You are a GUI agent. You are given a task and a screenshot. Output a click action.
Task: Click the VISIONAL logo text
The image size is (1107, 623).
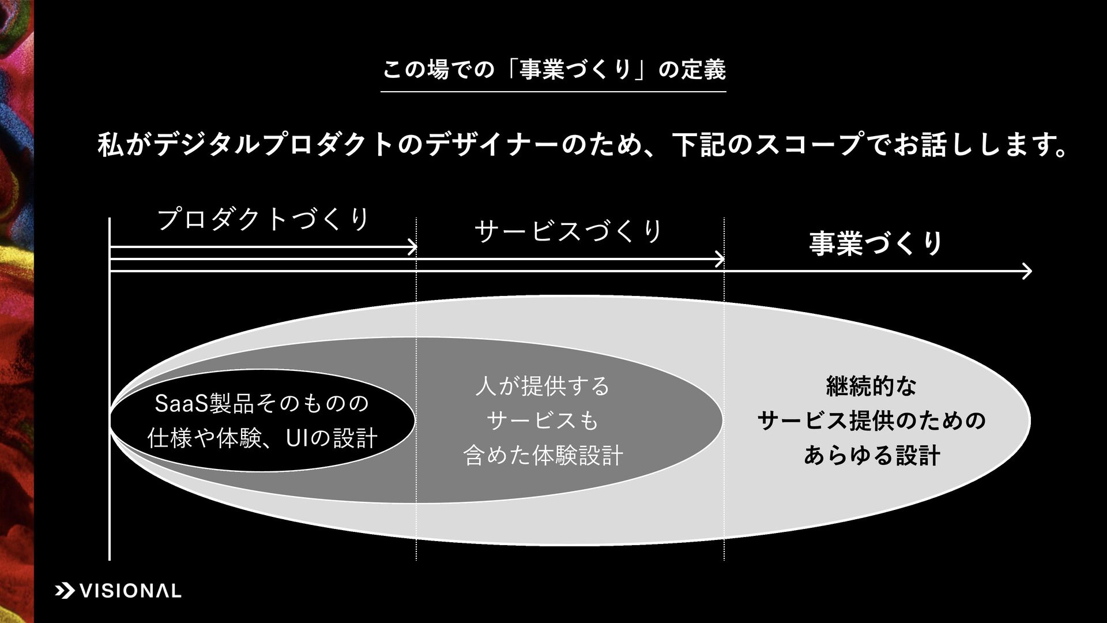pyautogui.click(x=130, y=591)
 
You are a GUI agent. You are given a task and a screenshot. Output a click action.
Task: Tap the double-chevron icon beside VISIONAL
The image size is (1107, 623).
pyautogui.click(x=64, y=591)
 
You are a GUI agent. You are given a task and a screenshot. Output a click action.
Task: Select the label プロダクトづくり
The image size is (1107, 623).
pyautogui.click(x=263, y=220)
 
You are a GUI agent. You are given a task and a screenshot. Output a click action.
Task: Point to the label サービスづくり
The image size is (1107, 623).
pyautogui.click(x=568, y=231)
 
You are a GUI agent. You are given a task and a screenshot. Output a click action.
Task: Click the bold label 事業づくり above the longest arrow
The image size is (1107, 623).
pyautogui.click(x=876, y=243)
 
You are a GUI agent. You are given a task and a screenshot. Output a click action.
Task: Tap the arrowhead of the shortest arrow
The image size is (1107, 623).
pyautogui.click(x=412, y=247)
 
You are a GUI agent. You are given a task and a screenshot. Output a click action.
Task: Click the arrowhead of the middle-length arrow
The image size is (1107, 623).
pyautogui.click(x=720, y=260)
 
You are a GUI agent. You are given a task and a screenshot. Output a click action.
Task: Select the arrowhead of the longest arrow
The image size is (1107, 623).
pyautogui.click(x=1027, y=271)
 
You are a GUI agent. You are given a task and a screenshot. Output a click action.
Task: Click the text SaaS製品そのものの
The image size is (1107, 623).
pyautogui.click(x=262, y=403)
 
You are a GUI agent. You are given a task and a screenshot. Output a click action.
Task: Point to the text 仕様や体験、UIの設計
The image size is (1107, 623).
pyautogui.click(x=262, y=438)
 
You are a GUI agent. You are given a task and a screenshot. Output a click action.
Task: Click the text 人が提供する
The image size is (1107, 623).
pyautogui.click(x=542, y=386)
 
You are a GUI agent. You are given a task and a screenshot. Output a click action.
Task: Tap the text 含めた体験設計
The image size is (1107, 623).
pyautogui.click(x=543, y=456)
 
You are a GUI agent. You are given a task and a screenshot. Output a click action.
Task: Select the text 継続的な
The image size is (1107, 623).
pyautogui.click(x=871, y=386)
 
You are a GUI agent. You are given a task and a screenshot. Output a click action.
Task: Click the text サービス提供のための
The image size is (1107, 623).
pyautogui.click(x=871, y=421)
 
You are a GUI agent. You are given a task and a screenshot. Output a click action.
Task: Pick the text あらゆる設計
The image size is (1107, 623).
pyautogui.click(x=871, y=456)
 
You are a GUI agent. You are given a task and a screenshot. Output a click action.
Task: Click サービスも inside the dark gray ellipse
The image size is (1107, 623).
pyautogui.click(x=543, y=421)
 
